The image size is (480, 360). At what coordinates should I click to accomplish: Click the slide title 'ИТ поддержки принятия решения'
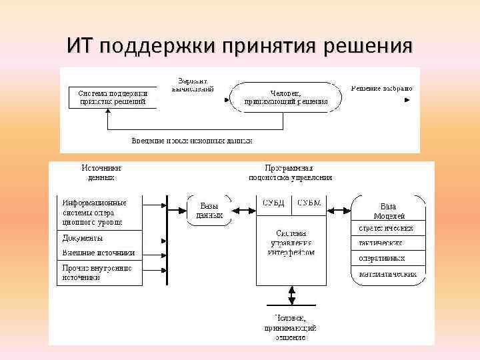(239, 46)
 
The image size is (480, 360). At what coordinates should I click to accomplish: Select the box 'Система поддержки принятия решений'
(112, 97)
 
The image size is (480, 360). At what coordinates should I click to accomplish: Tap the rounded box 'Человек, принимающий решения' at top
(285, 97)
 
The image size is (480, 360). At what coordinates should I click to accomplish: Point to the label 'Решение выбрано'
(381, 88)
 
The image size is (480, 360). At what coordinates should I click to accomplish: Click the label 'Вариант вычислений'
(193, 84)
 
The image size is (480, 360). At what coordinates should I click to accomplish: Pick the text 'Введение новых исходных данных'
(191, 141)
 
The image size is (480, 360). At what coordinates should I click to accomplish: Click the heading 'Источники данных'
(101, 173)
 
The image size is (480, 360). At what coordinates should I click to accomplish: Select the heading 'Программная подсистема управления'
(290, 173)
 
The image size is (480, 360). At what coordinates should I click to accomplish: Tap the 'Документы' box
(98, 238)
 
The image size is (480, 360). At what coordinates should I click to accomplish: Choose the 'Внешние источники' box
(98, 253)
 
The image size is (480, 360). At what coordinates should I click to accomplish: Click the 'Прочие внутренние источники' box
(98, 272)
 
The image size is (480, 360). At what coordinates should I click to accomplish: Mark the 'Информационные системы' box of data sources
(98, 212)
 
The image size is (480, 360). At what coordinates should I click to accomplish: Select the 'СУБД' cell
(273, 203)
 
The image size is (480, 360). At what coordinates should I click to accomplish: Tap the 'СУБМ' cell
(309, 203)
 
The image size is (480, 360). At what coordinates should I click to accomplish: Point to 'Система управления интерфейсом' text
(291, 243)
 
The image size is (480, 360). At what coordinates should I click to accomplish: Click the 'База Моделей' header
(388, 211)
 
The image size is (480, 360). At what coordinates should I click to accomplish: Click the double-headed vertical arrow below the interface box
(291, 297)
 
